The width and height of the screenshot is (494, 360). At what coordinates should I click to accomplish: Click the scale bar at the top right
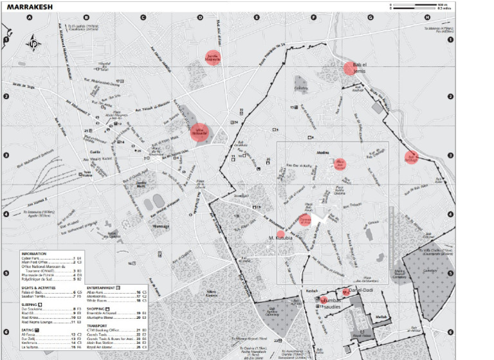419,6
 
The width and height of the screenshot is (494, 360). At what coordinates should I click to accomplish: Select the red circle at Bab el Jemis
350,68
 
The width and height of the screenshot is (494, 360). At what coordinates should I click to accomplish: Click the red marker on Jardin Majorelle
213,58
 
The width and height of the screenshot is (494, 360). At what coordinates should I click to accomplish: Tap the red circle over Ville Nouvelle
199,132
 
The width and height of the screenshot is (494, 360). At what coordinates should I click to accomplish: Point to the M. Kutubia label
280,239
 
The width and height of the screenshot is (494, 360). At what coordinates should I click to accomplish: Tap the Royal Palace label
366,335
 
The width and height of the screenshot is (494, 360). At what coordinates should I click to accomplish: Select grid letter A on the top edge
29,18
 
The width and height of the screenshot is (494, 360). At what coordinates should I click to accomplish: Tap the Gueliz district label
86,152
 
